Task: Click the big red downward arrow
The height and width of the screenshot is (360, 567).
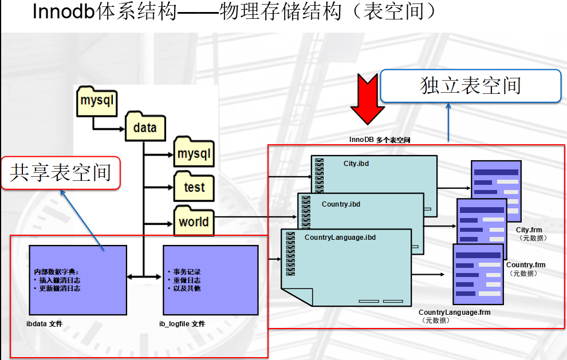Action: coord(367,98)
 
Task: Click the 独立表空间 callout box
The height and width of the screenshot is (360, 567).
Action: coord(470,86)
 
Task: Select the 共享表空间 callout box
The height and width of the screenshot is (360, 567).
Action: coord(61,173)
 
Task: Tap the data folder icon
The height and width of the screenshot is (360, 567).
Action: coord(145,126)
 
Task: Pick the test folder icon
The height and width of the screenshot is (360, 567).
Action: coord(194,186)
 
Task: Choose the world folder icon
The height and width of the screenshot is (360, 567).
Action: coord(194,220)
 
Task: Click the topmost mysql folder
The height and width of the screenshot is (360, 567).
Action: coord(97,101)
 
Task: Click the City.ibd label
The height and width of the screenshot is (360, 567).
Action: coord(356,164)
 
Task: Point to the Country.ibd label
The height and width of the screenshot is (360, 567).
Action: coord(341,204)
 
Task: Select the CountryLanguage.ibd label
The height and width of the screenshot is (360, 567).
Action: coord(340,238)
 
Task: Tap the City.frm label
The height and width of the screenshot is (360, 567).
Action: coord(529,230)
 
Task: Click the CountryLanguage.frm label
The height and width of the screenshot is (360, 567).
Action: coord(455,312)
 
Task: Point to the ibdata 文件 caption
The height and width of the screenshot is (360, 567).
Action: coord(45,324)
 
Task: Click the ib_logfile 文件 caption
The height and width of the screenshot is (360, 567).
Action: coord(182,324)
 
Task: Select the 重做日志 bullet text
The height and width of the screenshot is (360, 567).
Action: coord(187,280)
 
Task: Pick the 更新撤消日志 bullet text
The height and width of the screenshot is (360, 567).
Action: coord(60,288)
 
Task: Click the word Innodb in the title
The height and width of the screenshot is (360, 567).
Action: coord(64,11)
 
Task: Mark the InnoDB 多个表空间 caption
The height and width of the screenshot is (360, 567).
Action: coord(380,140)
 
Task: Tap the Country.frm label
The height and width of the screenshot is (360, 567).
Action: coord(526,265)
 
